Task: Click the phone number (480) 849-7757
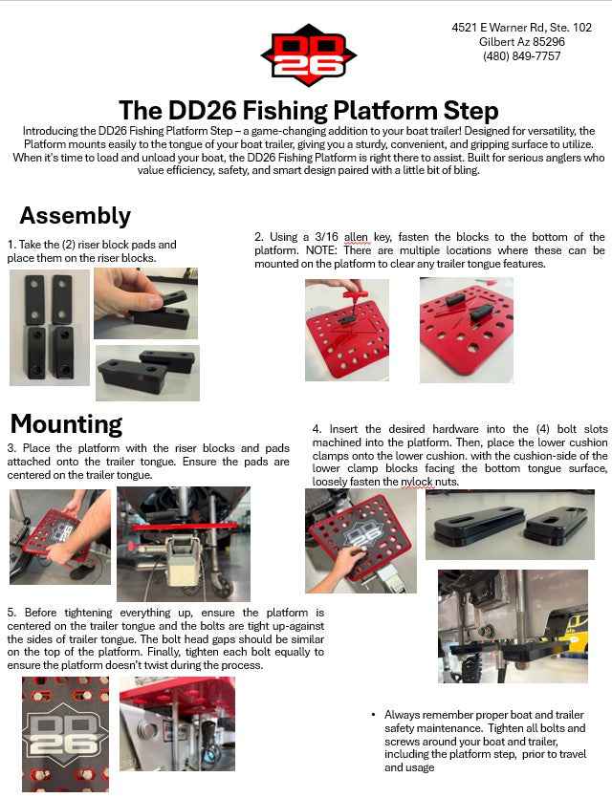coord(521,56)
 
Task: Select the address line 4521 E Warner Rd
coord(521,28)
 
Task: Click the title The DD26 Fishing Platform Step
coord(308,110)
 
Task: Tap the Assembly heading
coord(75,215)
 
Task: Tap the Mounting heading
coord(66,423)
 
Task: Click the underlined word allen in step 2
coord(356,237)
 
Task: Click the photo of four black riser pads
coord(50,327)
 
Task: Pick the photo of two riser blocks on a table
coord(147,373)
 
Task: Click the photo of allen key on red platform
coord(346,330)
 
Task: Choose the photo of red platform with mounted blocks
coord(466,330)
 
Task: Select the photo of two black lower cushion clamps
coord(510,525)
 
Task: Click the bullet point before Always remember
coord(373,715)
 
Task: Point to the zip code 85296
coord(545,42)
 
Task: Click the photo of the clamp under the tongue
coord(513,626)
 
